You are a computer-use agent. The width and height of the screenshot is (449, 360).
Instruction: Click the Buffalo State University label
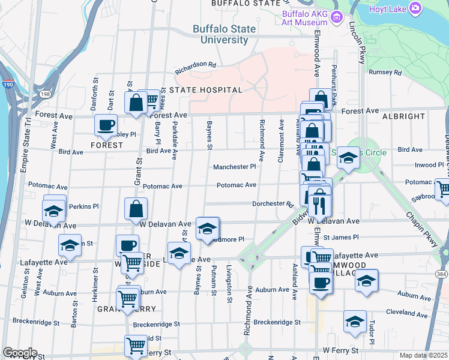[x=220, y=34]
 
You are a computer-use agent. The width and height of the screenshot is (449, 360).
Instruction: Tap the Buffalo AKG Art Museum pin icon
[x=337, y=16]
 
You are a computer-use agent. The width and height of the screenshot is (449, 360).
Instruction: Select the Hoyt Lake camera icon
[x=415, y=8]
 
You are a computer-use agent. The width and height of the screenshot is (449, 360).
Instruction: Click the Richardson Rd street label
[x=195, y=67]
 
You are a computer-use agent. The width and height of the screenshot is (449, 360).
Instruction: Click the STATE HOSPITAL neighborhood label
[x=205, y=90]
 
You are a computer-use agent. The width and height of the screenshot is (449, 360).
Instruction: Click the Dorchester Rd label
[x=272, y=204]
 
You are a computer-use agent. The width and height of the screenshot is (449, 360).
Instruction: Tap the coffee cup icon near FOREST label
[x=106, y=125]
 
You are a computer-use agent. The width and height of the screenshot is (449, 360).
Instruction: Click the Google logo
[x=20, y=353]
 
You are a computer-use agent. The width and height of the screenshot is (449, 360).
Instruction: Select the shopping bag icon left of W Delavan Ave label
[x=136, y=209]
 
